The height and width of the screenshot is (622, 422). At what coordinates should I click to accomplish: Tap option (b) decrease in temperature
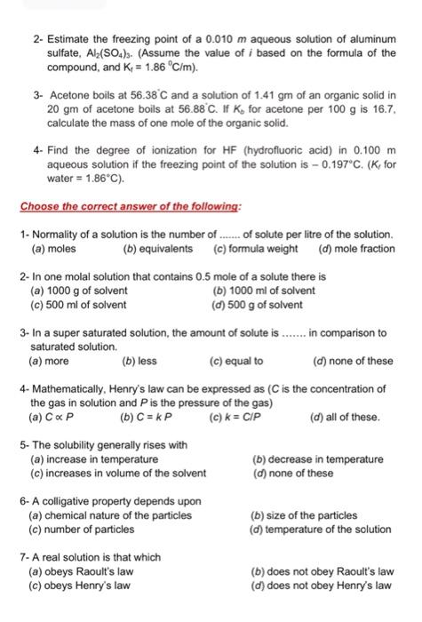click(x=318, y=459)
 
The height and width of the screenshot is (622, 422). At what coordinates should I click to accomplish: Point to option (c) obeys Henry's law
click(x=81, y=586)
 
